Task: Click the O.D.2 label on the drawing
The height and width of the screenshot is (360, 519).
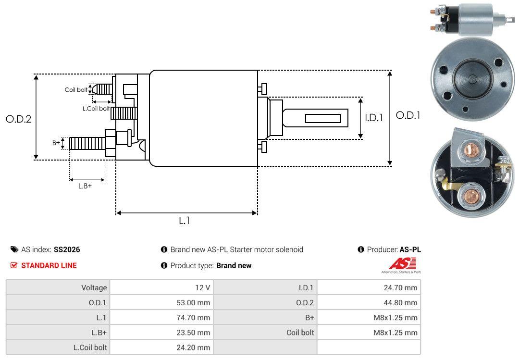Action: click(x=19, y=119)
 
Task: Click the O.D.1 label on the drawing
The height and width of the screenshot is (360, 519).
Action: click(x=408, y=115)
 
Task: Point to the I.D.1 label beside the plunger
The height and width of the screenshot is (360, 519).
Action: click(x=374, y=118)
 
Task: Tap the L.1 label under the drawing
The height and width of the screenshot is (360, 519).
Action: click(x=185, y=221)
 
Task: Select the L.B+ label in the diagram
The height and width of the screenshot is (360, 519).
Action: click(x=85, y=186)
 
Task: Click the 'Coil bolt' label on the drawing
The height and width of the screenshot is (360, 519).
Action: click(x=76, y=90)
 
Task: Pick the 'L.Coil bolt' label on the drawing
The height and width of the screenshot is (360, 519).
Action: click(x=96, y=108)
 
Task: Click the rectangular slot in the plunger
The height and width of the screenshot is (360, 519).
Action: click(x=323, y=118)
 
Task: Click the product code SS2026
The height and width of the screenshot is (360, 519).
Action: click(x=67, y=250)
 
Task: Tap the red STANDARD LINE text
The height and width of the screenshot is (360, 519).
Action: click(x=49, y=266)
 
